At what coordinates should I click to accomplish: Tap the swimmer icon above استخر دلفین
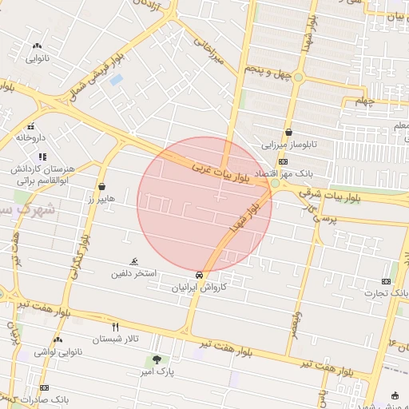(134, 261)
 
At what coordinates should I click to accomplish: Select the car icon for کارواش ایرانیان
(199, 274)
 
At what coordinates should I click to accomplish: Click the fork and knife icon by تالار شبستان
(116, 327)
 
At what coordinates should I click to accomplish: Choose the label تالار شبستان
(115, 339)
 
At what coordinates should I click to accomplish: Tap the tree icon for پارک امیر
(156, 359)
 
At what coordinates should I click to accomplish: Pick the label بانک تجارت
(387, 293)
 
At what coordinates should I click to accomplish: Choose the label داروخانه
(32, 137)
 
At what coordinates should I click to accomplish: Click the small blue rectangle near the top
(117, 80)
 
